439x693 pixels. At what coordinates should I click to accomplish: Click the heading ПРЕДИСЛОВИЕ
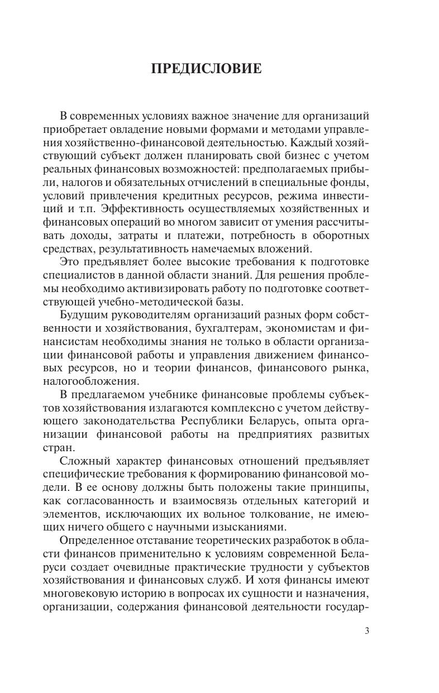pyautogui.click(x=207, y=69)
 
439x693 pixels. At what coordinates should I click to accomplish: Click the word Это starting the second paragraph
pyautogui.click(x=69, y=262)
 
